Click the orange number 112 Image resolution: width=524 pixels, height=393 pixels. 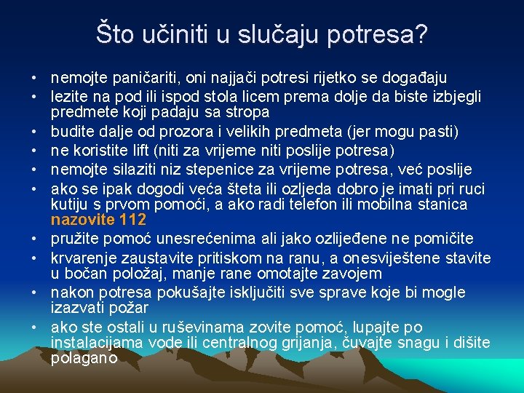pos(134,219)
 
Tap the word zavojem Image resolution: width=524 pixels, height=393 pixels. pos(354,274)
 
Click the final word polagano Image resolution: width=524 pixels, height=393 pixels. pos(84,358)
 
